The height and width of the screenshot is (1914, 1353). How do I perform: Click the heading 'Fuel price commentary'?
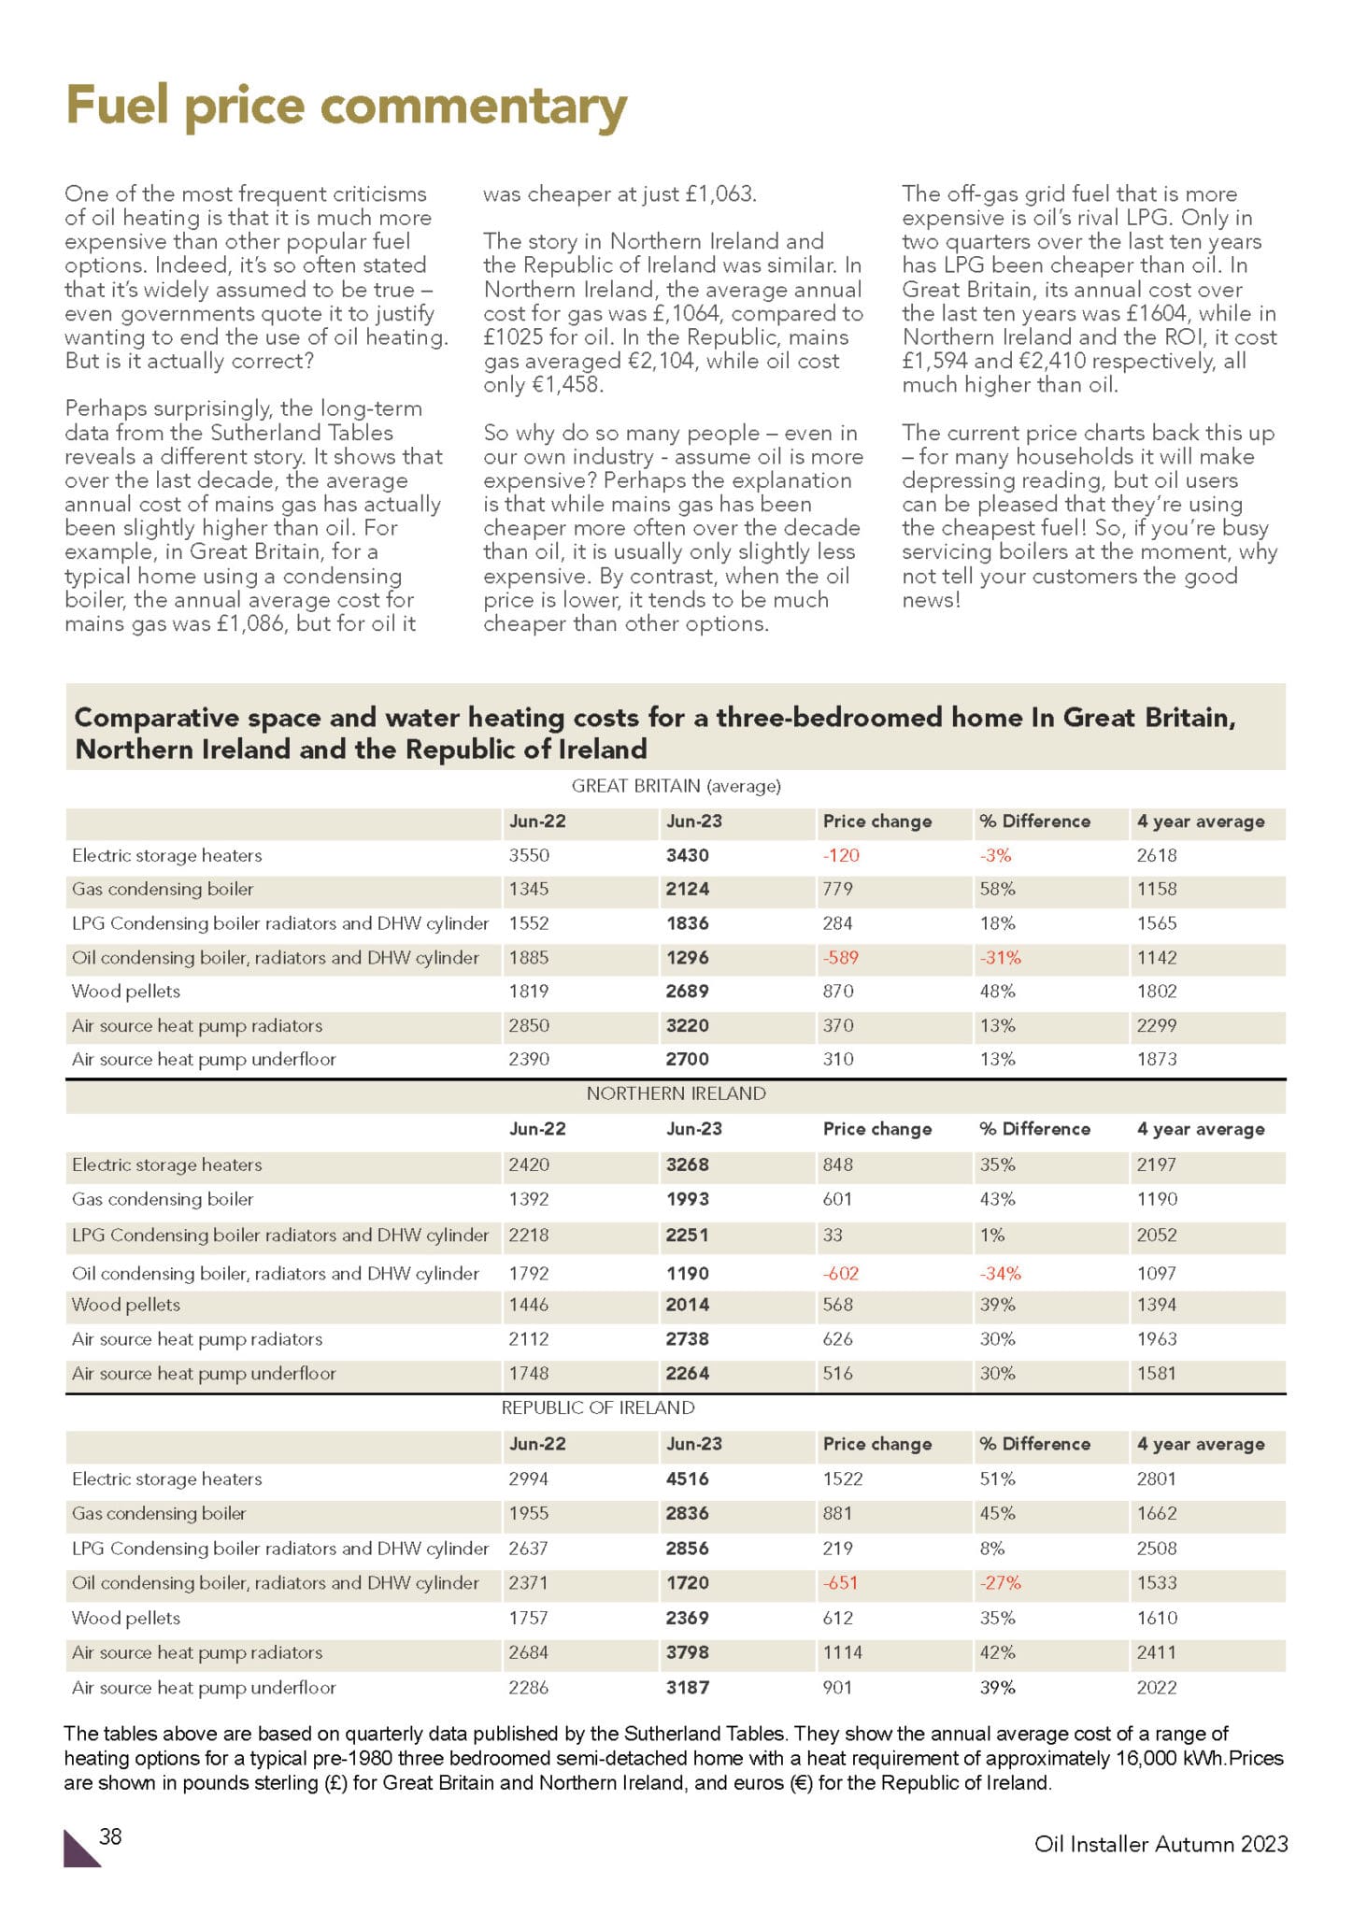click(346, 106)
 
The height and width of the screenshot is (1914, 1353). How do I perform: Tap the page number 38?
click(110, 1836)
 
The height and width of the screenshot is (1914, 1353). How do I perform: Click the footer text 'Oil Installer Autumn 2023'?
click(1161, 1844)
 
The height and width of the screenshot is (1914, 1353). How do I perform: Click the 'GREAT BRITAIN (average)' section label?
click(676, 786)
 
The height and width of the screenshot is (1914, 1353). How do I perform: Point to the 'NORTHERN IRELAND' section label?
click(676, 1093)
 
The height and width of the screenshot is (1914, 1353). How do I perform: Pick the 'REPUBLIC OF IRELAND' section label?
click(598, 1407)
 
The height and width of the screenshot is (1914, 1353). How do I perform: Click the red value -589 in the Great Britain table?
click(840, 958)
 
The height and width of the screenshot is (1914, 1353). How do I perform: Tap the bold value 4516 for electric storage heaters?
click(687, 1478)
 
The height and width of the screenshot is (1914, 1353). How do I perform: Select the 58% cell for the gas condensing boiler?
click(997, 889)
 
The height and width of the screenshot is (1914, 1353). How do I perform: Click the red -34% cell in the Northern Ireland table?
click(1000, 1273)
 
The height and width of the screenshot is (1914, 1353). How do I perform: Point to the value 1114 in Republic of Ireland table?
click(842, 1652)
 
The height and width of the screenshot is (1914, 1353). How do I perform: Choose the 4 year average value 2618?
click(1157, 855)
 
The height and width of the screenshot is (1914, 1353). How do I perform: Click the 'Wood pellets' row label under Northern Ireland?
click(126, 1305)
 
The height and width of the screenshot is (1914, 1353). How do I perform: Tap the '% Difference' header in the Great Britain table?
click(1034, 821)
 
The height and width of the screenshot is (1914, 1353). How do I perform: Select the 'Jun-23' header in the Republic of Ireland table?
click(693, 1444)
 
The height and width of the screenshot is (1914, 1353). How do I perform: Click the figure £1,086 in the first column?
click(250, 623)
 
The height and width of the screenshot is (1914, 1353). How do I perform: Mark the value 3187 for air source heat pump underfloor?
click(687, 1688)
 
